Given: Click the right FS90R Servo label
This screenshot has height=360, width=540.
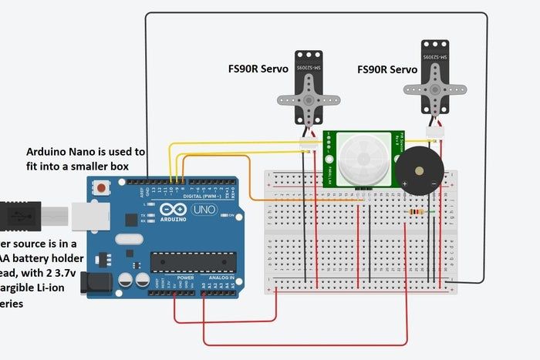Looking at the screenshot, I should [387, 69].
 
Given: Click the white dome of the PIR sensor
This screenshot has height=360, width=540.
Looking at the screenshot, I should [359, 159].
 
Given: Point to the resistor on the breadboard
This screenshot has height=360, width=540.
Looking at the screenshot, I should [417, 211].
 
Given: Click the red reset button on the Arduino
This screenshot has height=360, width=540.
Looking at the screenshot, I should [101, 187].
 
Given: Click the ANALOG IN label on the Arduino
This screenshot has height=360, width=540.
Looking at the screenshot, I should [216, 277].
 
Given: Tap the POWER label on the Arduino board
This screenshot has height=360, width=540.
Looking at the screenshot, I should [185, 277].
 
